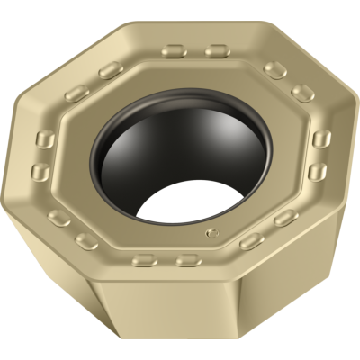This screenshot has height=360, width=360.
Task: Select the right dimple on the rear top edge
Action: point(214,51)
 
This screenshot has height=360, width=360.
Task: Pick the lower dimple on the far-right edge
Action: point(317,171)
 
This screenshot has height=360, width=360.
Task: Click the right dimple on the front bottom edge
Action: point(186,260)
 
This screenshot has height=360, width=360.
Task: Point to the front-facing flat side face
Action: point(166,306)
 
